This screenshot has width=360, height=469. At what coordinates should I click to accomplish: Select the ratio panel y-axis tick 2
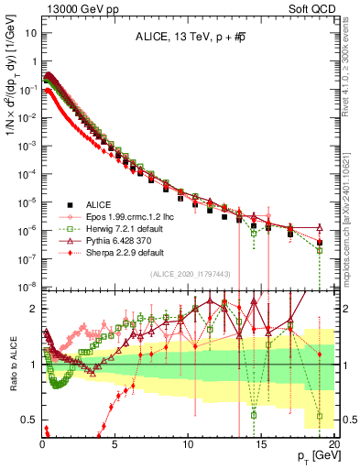point(31,309)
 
